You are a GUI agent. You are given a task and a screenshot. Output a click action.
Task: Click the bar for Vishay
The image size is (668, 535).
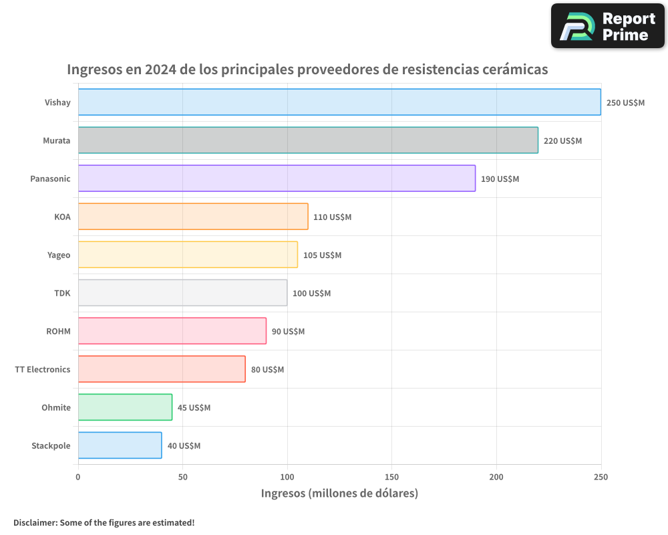point(339,102)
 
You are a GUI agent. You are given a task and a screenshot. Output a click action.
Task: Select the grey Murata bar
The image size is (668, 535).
point(308,140)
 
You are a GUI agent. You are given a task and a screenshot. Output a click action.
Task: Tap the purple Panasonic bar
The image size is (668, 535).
point(277,179)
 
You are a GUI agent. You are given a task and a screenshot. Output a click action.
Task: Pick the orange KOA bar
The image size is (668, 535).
point(193,217)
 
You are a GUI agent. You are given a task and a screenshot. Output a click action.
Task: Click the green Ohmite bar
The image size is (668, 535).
point(125,407)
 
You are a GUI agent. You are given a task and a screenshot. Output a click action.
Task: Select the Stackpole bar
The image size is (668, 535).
point(120,445)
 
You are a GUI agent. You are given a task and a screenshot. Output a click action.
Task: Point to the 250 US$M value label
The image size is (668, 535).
point(625,103)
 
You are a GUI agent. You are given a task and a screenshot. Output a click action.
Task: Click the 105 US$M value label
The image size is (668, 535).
point(322,255)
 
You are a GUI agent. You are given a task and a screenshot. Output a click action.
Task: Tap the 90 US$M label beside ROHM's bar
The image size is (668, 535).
point(288,332)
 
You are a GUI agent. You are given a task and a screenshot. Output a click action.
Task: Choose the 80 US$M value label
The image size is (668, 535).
point(267,370)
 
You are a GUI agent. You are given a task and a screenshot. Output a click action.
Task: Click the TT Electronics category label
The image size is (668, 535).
point(43,369)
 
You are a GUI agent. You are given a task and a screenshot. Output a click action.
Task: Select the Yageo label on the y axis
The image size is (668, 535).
point(59,255)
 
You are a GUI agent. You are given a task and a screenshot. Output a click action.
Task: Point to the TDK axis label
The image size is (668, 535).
point(62,293)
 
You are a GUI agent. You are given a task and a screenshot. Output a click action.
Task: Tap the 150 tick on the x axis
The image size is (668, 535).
point(391,477)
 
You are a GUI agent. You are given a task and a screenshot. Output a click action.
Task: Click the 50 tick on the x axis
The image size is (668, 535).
point(183,477)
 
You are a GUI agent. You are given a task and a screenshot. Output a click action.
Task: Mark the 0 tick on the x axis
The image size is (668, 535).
point(78,477)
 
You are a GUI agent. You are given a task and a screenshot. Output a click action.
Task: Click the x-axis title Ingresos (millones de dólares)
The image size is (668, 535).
point(339,494)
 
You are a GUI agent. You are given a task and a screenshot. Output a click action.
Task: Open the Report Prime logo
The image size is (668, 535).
point(608,26)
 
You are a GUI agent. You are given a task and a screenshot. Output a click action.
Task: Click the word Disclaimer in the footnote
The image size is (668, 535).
point(35,522)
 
